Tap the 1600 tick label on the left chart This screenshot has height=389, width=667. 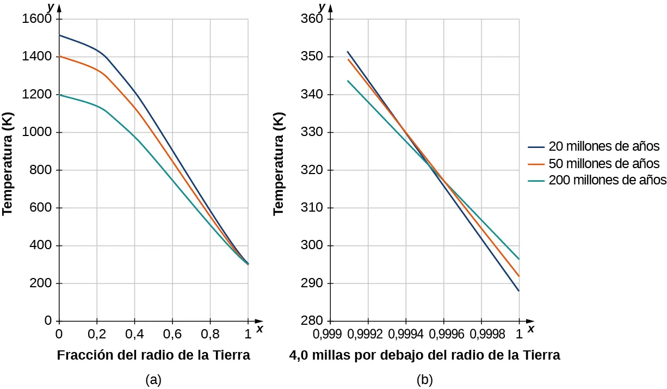38,20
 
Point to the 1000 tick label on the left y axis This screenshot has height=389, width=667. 38,133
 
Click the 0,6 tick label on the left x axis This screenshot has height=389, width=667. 172,331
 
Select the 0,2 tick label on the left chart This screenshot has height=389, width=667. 97,331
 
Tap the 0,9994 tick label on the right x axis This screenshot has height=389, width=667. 406,331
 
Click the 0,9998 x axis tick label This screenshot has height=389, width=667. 481,331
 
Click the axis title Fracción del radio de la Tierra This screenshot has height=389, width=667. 153,356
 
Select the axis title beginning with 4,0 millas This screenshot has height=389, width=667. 425,356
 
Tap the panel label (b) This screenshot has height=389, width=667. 424,380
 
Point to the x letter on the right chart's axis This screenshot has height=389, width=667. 530,329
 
